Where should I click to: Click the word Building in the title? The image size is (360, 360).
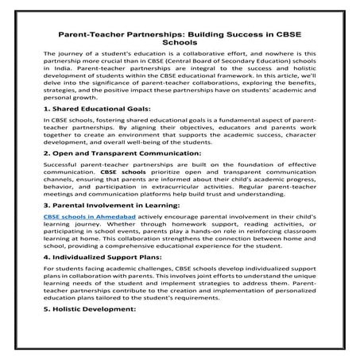pyautogui.click(x=200, y=35)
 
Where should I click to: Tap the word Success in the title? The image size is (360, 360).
pyautogui.click(x=242, y=35)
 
